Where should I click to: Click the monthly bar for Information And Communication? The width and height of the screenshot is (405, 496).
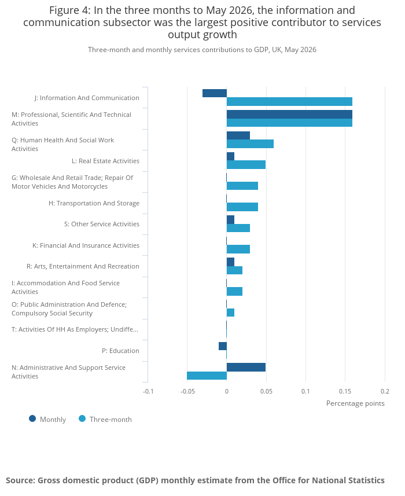pyautogui.click(x=215, y=93)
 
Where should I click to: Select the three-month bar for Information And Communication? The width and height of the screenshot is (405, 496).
pyautogui.click(x=289, y=101)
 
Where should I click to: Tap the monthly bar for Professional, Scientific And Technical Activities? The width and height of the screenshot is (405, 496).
pyautogui.click(x=289, y=114)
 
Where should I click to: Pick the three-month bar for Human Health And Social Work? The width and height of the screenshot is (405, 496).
pyautogui.click(x=250, y=144)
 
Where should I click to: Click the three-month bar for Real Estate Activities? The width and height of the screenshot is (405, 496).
pyautogui.click(x=246, y=165)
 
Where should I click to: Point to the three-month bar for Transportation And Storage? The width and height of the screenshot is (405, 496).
pyautogui.click(x=242, y=207)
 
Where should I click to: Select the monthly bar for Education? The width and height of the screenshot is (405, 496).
pyautogui.click(x=223, y=346)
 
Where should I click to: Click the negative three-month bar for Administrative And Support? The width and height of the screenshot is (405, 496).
pyautogui.click(x=207, y=376)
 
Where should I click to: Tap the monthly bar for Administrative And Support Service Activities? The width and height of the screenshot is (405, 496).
pyautogui.click(x=246, y=368)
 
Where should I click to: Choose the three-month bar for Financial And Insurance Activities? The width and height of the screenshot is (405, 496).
pyautogui.click(x=238, y=249)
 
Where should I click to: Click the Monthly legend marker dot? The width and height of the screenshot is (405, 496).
pyautogui.click(x=32, y=419)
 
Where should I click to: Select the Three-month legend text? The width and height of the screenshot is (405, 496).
pyautogui.click(x=111, y=420)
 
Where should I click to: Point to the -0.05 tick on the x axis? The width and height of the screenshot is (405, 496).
pyautogui.click(x=187, y=391)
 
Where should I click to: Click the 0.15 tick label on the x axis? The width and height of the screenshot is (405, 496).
pyautogui.click(x=345, y=391)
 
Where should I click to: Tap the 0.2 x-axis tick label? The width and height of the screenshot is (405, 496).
pyautogui.click(x=385, y=391)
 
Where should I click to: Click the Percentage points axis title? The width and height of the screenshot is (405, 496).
pyautogui.click(x=355, y=403)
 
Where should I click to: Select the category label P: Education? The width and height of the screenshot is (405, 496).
pyautogui.click(x=120, y=351)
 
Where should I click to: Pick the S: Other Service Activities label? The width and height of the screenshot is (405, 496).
pyautogui.click(x=102, y=224)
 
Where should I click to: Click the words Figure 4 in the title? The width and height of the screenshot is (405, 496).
pyautogui.click(x=69, y=10)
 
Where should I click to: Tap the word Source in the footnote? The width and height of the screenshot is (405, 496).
pyautogui.click(x=20, y=480)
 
